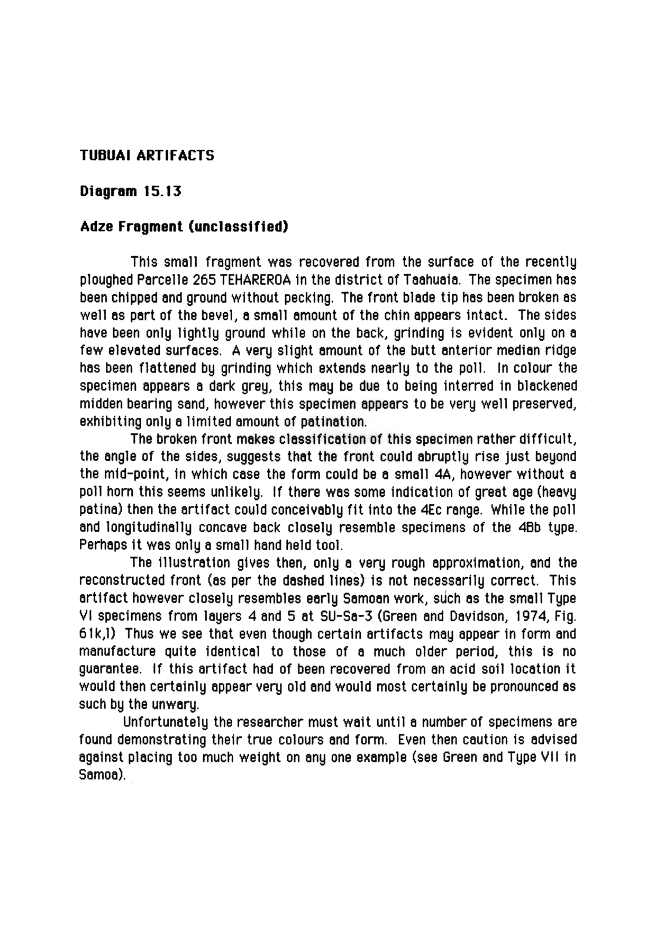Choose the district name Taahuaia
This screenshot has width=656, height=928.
coord(434,279)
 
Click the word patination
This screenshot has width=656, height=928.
coord(333,422)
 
